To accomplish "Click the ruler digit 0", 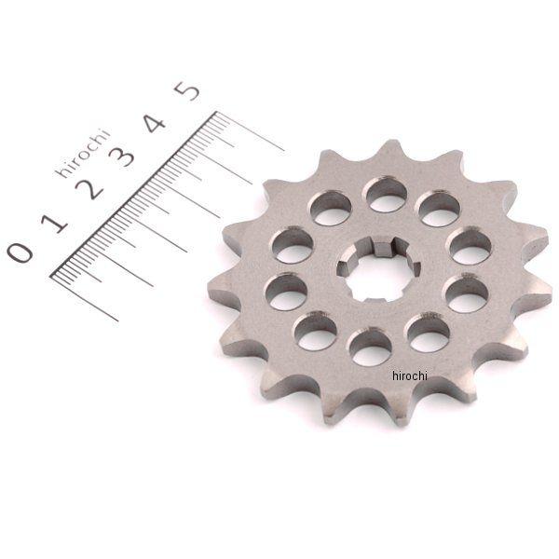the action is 20,252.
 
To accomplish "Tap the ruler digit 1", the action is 54,224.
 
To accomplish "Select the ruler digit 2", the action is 89,188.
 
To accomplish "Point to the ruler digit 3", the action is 122,157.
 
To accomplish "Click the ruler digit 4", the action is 155,123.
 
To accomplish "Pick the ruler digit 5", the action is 188,91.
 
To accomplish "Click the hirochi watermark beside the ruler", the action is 83,154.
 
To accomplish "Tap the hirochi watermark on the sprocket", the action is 410,375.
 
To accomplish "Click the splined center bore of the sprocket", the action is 378,271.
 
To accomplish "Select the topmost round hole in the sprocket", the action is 387,195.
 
